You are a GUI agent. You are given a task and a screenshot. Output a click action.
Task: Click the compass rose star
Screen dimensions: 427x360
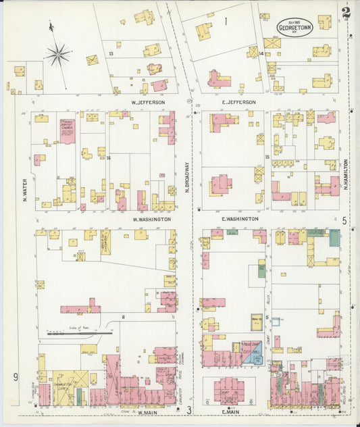tap(57, 53)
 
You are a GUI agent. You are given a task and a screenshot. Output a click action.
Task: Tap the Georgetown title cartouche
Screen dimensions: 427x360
tap(292, 28)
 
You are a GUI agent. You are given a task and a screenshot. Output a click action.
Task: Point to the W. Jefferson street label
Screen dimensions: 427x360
tap(148, 102)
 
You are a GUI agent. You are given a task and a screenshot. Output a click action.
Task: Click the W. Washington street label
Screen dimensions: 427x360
tap(151, 220)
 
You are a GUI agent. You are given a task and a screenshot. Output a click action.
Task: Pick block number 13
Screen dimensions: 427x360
tap(110, 53)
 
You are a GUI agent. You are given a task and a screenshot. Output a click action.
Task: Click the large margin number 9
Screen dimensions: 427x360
tap(14, 376)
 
